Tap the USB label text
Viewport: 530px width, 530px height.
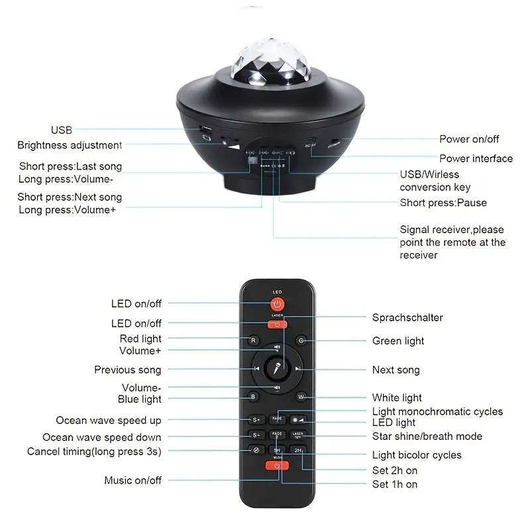[x=61, y=131]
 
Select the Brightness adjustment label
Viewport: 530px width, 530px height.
[x=70, y=145]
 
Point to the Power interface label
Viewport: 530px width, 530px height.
[x=476, y=158]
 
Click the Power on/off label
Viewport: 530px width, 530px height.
[x=469, y=139]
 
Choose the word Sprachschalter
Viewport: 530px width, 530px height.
[x=407, y=318]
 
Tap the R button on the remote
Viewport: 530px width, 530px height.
[x=253, y=341]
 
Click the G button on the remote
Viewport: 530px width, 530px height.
[x=301, y=341]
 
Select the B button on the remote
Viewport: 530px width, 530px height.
[x=253, y=397]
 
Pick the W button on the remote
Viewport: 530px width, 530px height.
[x=301, y=397]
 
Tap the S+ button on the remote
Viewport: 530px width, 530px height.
[x=256, y=420]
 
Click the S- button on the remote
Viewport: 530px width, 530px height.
[x=256, y=435]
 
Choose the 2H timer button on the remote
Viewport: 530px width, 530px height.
[x=298, y=450]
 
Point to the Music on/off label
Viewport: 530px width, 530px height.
[x=132, y=480]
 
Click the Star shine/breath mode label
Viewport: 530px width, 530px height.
[x=427, y=437]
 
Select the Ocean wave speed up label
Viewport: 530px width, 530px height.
[x=109, y=421]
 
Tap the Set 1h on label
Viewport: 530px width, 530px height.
[x=395, y=484]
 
